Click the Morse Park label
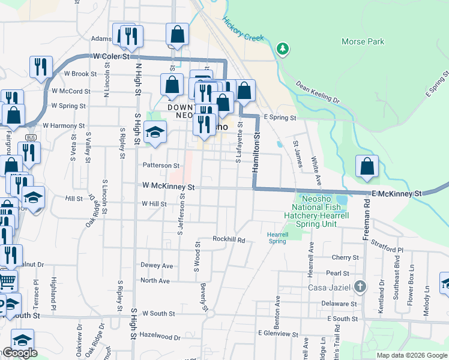point(363,42)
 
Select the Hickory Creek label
point(243,29)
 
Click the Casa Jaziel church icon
point(360,287)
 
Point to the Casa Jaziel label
point(333,287)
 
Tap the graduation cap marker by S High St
point(155,132)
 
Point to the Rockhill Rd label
point(229,239)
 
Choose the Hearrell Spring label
point(277,238)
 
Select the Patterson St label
point(160,165)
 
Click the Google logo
point(19,353)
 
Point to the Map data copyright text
point(411,355)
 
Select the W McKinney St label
point(169,187)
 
